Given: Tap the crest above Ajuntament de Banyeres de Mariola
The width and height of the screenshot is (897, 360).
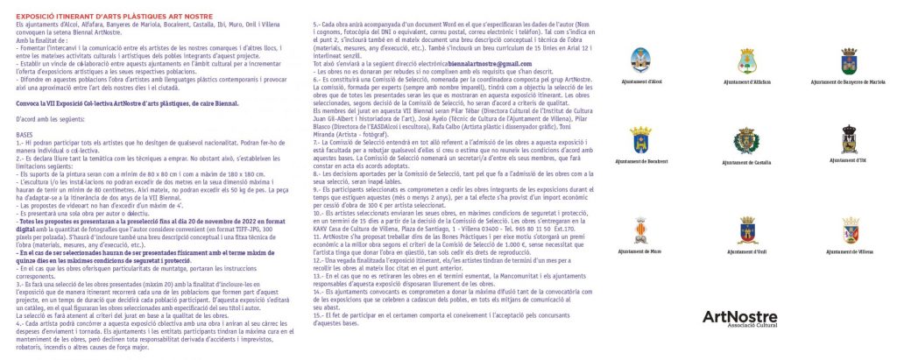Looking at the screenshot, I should coord(848,61).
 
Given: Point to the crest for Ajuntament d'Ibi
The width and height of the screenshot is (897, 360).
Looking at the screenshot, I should coord(848,140).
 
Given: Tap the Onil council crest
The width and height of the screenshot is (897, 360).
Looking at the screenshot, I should coord(748,229).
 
